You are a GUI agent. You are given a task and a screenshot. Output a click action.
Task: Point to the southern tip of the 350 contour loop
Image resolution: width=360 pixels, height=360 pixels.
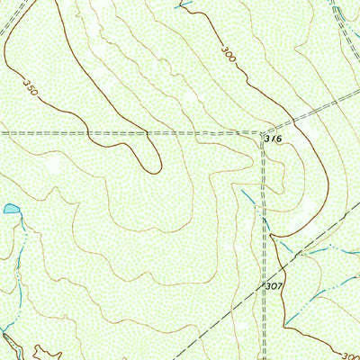[155, 170]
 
